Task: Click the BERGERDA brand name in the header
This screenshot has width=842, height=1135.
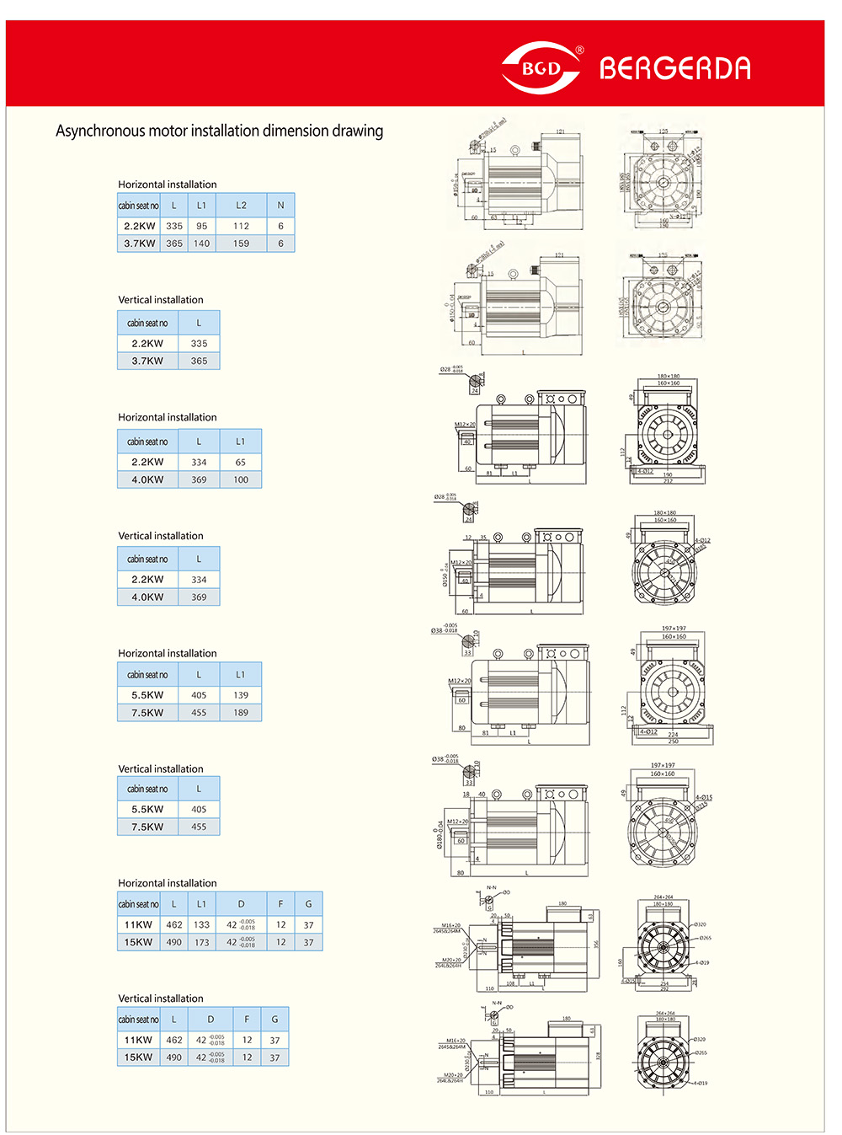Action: coord(674,68)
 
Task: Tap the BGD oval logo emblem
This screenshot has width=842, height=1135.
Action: coord(541,68)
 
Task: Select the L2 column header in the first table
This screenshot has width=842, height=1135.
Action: coord(241,205)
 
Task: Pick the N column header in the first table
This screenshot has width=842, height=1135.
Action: coord(280,205)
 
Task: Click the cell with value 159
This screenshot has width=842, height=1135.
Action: coord(241,244)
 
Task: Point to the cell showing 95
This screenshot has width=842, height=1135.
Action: coord(201,226)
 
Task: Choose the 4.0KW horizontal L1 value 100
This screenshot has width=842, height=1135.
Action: coord(241,479)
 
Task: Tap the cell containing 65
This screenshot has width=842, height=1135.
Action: coord(241,462)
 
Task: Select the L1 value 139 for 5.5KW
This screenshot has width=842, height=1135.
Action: coord(241,695)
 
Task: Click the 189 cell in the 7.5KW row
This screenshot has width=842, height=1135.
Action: coord(241,713)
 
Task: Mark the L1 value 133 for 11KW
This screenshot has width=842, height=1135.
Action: coord(201,924)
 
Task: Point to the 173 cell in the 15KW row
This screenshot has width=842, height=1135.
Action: coord(201,942)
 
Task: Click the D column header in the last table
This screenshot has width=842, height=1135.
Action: coord(210,1019)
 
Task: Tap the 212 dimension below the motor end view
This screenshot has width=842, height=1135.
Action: coord(668,481)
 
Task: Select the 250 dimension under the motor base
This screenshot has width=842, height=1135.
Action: coord(673,741)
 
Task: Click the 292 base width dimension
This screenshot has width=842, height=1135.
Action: coord(664,988)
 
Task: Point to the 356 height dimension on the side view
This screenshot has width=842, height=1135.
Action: coord(595,944)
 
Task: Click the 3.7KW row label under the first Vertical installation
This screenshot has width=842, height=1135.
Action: coord(147,361)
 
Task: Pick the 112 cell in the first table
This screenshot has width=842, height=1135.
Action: coord(241,226)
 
